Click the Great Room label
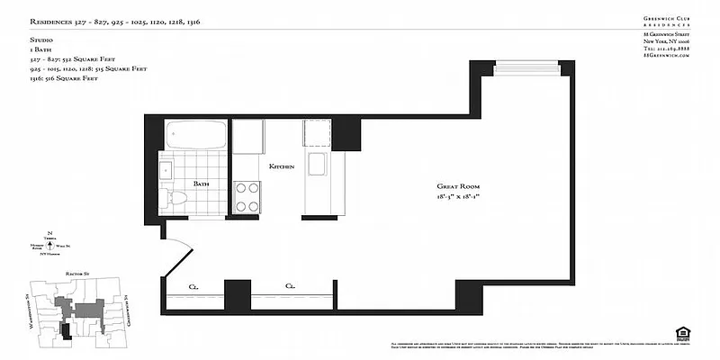[x=455, y=185]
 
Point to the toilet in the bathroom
[x=178, y=198]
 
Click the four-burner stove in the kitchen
[x=247, y=196]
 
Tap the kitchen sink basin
[x=316, y=166]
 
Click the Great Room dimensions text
[x=455, y=195]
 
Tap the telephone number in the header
[x=666, y=49]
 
